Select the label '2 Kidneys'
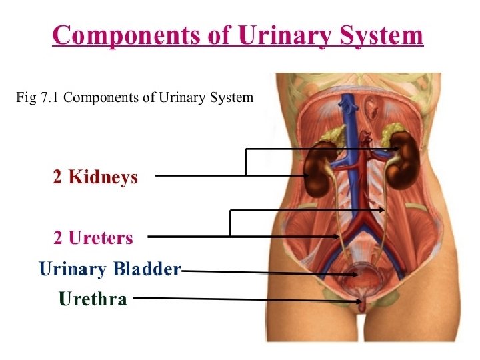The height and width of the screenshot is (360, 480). point(95,177)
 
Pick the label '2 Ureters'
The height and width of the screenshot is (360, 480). point(93,237)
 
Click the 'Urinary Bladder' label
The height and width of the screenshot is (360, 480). point(110,269)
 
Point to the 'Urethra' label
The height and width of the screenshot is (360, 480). point(93,299)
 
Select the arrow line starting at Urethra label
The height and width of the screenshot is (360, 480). point(247,299)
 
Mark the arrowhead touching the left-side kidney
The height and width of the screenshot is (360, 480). point(305,176)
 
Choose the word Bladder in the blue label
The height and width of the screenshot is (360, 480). point(147,269)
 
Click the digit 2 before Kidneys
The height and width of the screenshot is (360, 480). point(57,177)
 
